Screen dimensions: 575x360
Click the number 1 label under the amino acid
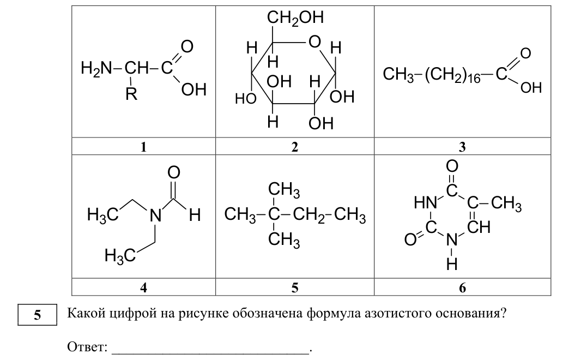pos(143,147)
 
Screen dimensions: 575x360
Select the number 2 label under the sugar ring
pos(295,147)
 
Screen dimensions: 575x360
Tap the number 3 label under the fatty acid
pos(462,147)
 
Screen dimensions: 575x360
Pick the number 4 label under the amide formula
pos(143,287)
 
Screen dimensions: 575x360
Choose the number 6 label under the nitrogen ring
pos(462,287)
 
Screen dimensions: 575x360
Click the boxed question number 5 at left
pos(38,315)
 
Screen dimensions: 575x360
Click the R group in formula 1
pos(131,94)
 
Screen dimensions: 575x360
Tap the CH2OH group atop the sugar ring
pos(295,17)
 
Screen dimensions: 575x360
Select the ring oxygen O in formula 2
pos(314,42)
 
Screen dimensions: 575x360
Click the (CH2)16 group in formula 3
pos(452,75)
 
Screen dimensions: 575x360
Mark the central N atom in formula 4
pos(155,215)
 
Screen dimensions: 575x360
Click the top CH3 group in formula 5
pos(284,190)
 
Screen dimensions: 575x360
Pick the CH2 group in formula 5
pos(309,215)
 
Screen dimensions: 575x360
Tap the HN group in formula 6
pos(425,202)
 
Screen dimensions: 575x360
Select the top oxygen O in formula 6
pos(452,166)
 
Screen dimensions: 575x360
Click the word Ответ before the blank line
pos(87,346)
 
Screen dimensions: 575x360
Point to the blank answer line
pos(210,354)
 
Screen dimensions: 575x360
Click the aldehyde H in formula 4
pos(195,215)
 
